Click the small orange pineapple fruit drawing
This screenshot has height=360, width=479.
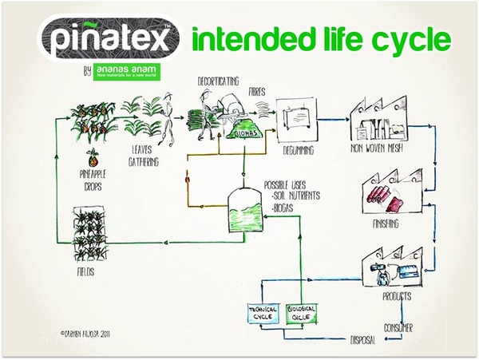(93, 156)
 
